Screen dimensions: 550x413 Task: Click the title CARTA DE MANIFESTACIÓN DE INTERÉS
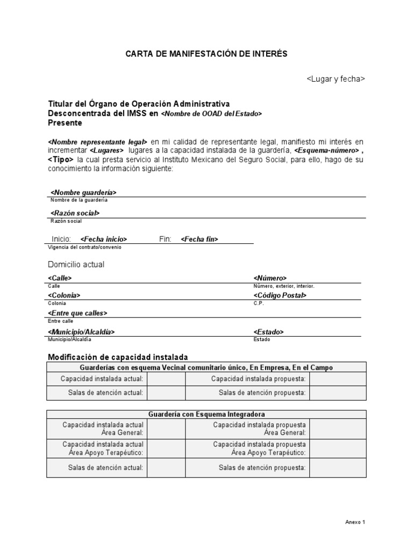[206, 54]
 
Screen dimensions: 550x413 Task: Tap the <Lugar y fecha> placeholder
[336, 79]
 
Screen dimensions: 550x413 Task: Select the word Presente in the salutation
[65, 123]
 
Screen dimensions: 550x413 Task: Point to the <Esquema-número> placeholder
[326, 151]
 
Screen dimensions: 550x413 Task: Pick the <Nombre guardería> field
[83, 192]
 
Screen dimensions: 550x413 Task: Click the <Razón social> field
[75, 213]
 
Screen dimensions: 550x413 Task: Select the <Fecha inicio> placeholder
[104, 239]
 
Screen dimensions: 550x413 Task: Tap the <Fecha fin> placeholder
[200, 239]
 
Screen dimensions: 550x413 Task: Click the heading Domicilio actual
[76, 264]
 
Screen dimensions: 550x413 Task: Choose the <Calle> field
[60, 278]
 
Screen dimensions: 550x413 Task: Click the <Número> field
[270, 278]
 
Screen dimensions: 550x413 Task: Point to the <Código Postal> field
[280, 295]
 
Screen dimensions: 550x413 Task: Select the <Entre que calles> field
[77, 313]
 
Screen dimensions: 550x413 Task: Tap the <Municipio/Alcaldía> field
[81, 332]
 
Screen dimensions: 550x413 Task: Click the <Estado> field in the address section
[268, 332]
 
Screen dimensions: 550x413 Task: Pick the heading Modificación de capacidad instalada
[118, 357]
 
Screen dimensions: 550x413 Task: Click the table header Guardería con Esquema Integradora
[206, 414]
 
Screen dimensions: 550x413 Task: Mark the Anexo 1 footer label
[355, 522]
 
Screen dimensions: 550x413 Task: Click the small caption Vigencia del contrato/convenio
[85, 247]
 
